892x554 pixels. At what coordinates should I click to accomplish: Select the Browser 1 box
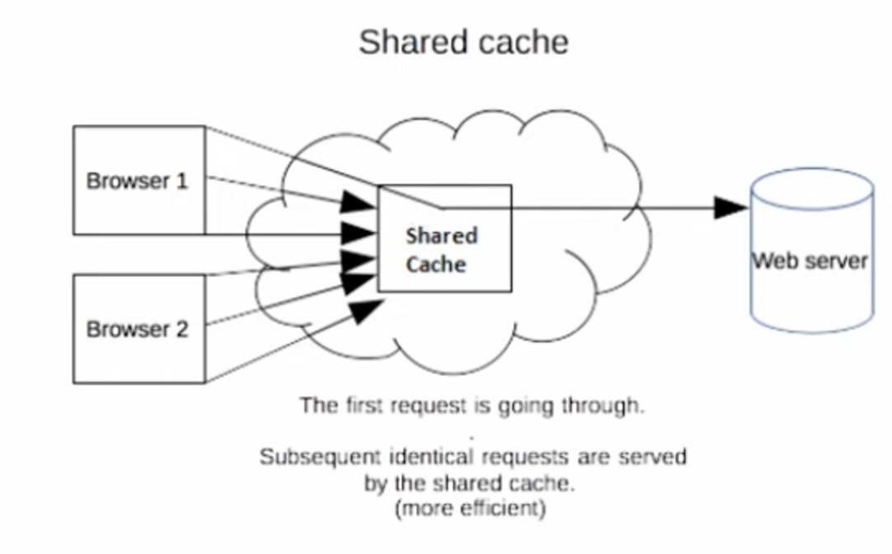tap(138, 181)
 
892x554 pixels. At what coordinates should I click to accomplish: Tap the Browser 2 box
tap(138, 329)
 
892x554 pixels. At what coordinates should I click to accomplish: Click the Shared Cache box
tap(444, 238)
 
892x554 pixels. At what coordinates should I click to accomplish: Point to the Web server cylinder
tap(811, 256)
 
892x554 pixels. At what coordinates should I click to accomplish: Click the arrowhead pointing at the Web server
tap(730, 208)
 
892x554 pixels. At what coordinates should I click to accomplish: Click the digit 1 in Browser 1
tap(182, 181)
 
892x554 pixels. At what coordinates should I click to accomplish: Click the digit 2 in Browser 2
tap(181, 330)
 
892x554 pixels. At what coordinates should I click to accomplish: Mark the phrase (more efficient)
tap(471, 509)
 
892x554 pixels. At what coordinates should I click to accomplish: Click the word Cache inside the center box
tap(436, 265)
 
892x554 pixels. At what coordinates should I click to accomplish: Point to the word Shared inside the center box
tap(441, 237)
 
